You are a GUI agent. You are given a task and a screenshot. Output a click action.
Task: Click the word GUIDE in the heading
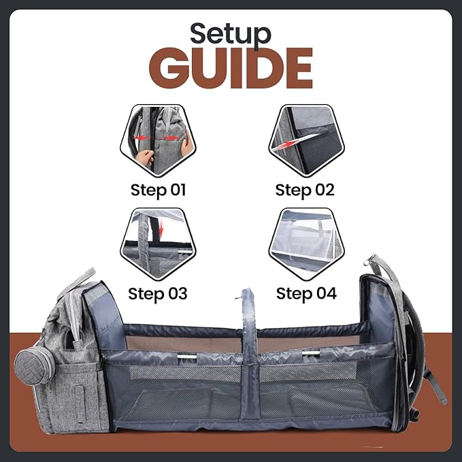click(231, 69)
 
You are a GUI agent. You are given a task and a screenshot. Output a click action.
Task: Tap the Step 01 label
click(157, 190)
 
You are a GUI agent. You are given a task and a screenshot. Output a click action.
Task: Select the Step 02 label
click(306, 190)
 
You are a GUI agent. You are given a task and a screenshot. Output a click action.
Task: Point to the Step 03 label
click(157, 294)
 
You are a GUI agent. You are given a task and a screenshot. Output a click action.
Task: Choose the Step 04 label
click(306, 294)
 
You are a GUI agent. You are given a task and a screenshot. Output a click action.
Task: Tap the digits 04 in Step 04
click(325, 294)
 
